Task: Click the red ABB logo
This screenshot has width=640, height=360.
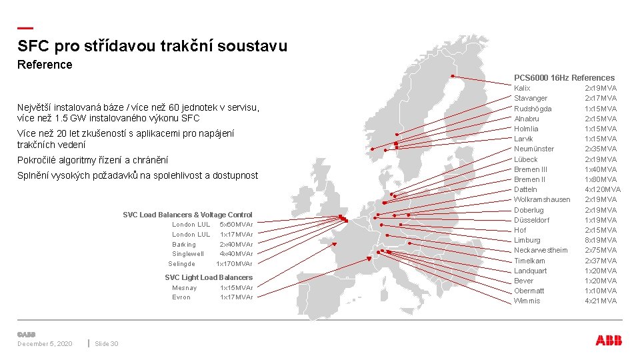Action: [609, 341]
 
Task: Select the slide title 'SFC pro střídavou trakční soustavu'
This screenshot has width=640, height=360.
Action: [153, 46]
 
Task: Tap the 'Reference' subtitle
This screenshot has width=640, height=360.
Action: [45, 65]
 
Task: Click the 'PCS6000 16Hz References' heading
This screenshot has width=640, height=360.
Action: [564, 78]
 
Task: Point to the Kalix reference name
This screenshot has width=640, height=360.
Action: [522, 88]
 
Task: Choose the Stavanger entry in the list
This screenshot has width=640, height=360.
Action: [531, 99]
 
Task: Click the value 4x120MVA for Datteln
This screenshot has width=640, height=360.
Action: [603, 189]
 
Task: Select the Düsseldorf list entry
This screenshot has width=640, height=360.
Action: [531, 220]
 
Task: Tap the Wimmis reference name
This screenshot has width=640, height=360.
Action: [527, 301]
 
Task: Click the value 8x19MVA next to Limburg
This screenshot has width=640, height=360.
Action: [601, 240]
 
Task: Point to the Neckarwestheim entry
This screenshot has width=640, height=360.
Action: [541, 250]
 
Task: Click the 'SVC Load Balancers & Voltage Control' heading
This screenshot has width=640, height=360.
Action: [187, 215]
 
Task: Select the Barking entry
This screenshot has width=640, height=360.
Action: [184, 245]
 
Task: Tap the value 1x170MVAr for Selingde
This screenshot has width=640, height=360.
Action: [234, 264]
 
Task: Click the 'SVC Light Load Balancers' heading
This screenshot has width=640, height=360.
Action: [209, 277]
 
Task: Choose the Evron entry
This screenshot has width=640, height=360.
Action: [181, 297]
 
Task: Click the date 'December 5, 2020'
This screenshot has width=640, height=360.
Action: [45, 344]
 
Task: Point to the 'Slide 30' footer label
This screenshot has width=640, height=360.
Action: [107, 344]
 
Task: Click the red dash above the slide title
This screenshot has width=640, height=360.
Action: [25, 28]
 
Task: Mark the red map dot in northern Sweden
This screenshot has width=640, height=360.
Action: [452, 76]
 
